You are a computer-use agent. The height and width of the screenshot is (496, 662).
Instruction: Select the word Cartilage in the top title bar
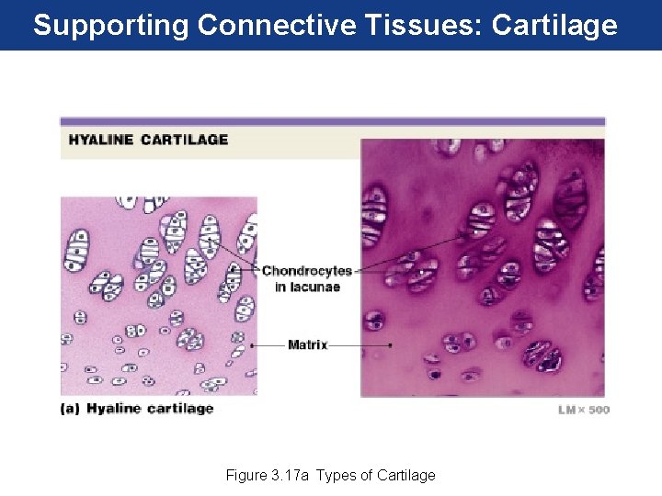coord(554,25)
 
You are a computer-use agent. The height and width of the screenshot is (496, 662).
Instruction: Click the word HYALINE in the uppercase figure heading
coord(100,140)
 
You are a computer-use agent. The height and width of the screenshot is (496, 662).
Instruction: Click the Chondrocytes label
coord(307,271)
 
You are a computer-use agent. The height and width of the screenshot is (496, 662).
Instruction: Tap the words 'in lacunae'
coord(307,287)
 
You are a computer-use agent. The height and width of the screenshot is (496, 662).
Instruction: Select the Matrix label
coord(307,345)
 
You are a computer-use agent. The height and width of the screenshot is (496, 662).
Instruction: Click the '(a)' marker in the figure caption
coord(71,409)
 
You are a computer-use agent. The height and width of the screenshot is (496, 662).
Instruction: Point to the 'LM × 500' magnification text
coord(583,410)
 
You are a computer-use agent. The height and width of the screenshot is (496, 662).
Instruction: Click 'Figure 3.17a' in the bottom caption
coord(268,475)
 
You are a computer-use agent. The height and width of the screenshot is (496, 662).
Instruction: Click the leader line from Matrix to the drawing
coord(266,345)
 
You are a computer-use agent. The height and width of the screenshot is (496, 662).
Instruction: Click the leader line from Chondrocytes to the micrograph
coord(414,254)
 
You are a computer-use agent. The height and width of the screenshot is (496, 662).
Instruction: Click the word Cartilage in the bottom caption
coord(405,475)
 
